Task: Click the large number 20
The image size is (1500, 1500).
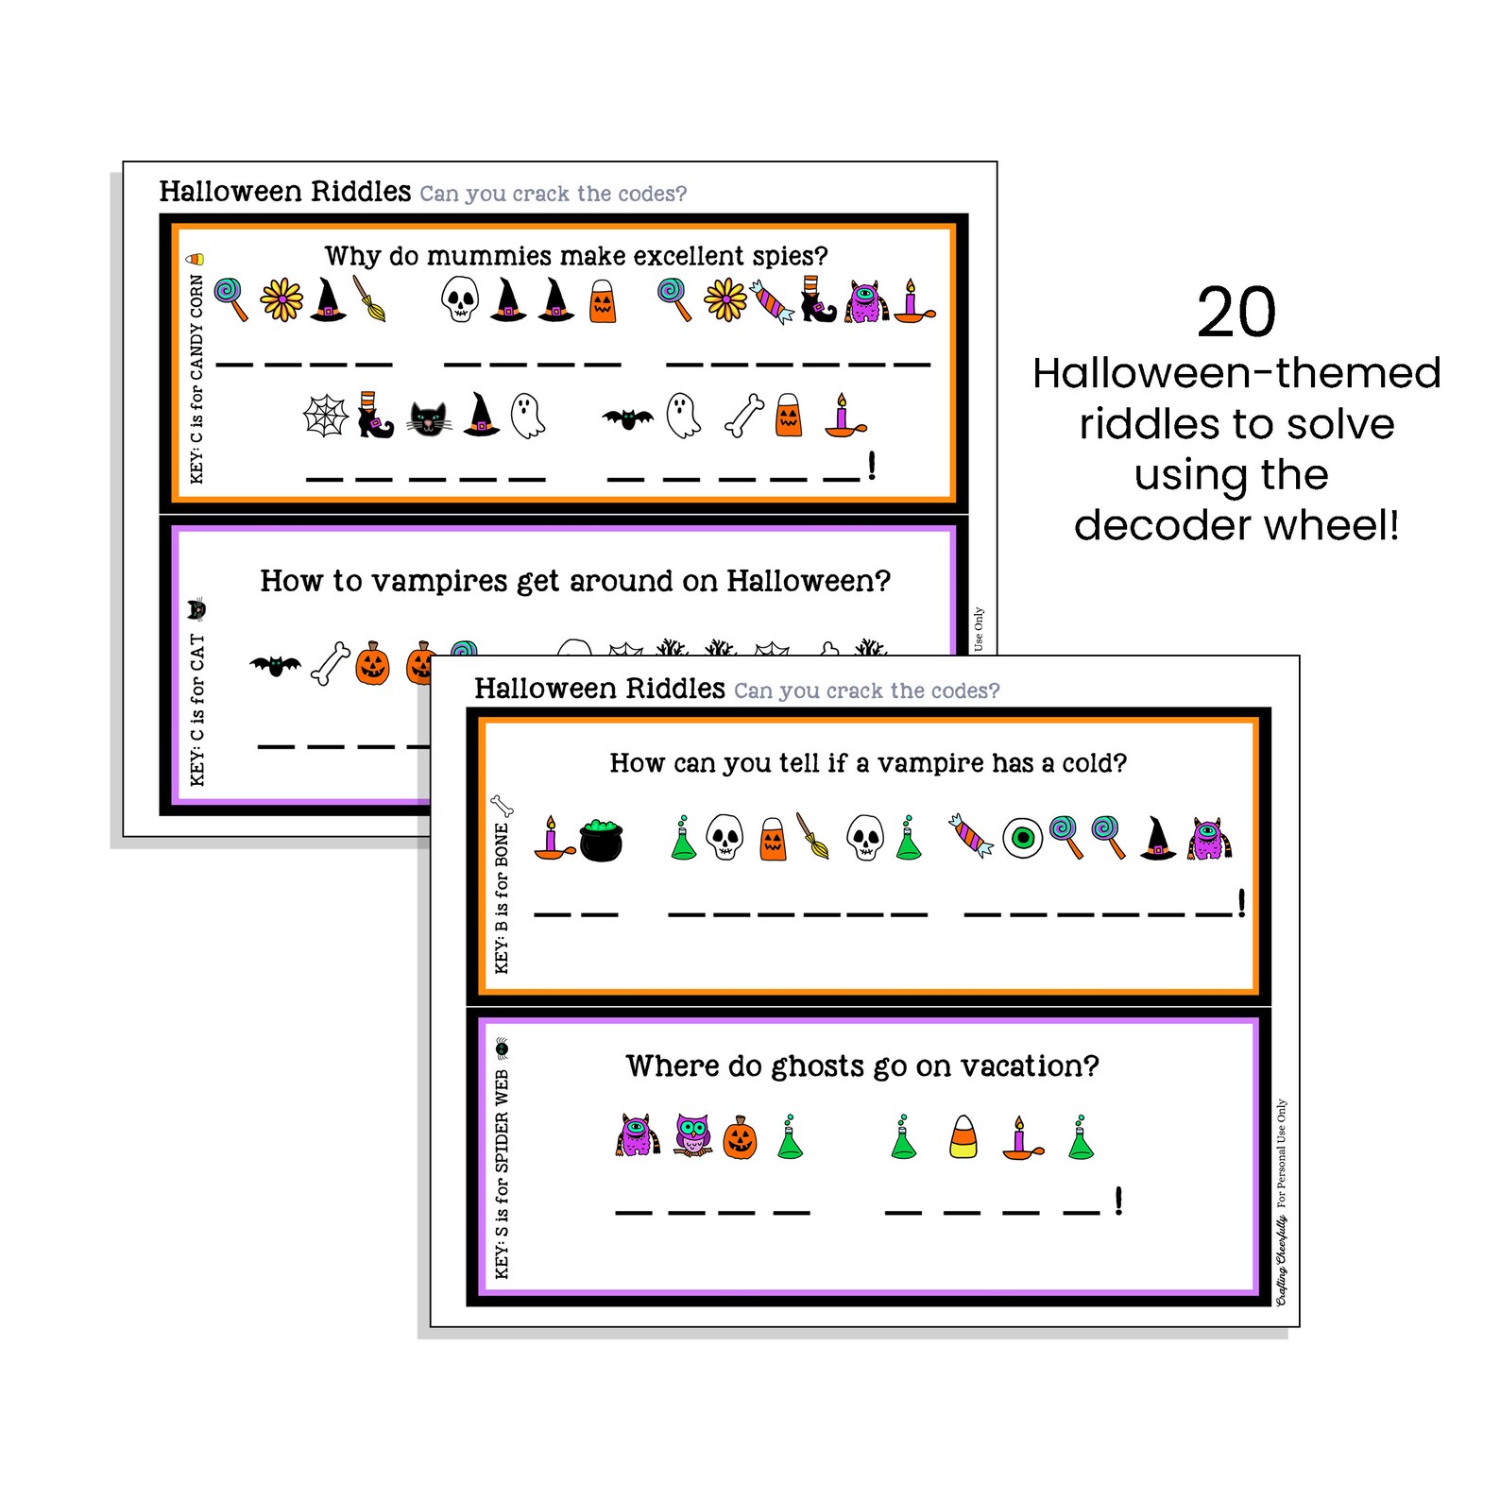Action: click(x=1236, y=314)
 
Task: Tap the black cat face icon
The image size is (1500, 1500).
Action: click(x=429, y=418)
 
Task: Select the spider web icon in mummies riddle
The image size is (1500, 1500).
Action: click(x=325, y=416)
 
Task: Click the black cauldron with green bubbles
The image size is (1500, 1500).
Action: click(x=601, y=839)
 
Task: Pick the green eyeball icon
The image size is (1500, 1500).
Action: click(x=1021, y=838)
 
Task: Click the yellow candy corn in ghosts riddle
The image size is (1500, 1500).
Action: click(x=963, y=1136)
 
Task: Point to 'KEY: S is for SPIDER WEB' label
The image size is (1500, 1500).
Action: click(x=502, y=1173)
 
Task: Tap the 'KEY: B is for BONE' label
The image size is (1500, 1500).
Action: click(x=502, y=897)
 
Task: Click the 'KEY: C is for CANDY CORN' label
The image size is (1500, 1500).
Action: click(x=196, y=378)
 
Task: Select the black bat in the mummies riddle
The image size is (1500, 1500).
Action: click(x=627, y=418)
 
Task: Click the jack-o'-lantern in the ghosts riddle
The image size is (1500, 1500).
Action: click(x=740, y=1138)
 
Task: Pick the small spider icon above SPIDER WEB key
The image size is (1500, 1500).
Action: click(x=502, y=1048)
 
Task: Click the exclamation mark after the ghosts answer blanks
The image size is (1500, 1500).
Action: click(x=1118, y=1201)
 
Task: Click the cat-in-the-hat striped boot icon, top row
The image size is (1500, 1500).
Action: click(x=817, y=300)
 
